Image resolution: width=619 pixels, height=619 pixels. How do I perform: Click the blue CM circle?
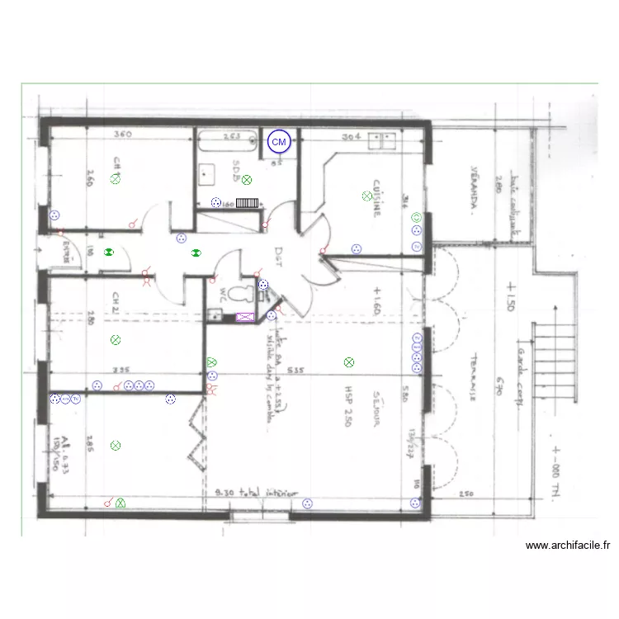point(280,142)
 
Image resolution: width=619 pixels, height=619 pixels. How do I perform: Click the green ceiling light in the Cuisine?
point(366,196)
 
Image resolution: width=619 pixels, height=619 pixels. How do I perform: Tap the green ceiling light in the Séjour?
point(349,361)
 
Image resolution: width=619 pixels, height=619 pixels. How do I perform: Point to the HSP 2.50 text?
point(350,405)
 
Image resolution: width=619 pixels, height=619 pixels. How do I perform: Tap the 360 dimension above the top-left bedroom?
point(123,135)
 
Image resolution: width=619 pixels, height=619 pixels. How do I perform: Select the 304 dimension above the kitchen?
point(352,137)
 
